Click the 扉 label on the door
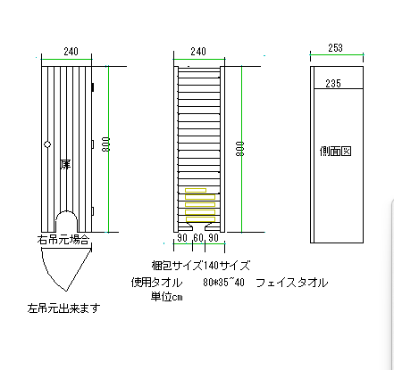click(64, 165)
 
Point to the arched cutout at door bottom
click(66, 221)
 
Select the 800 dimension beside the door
click(107, 146)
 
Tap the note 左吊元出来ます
click(63, 308)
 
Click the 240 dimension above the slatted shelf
click(198, 53)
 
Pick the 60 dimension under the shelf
click(198, 239)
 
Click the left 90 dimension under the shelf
click(182, 239)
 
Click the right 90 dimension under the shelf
click(214, 239)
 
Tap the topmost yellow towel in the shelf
click(196, 190)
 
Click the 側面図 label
click(336, 152)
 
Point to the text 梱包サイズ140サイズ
click(200, 266)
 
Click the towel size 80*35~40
click(223, 282)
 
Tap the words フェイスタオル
click(291, 282)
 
